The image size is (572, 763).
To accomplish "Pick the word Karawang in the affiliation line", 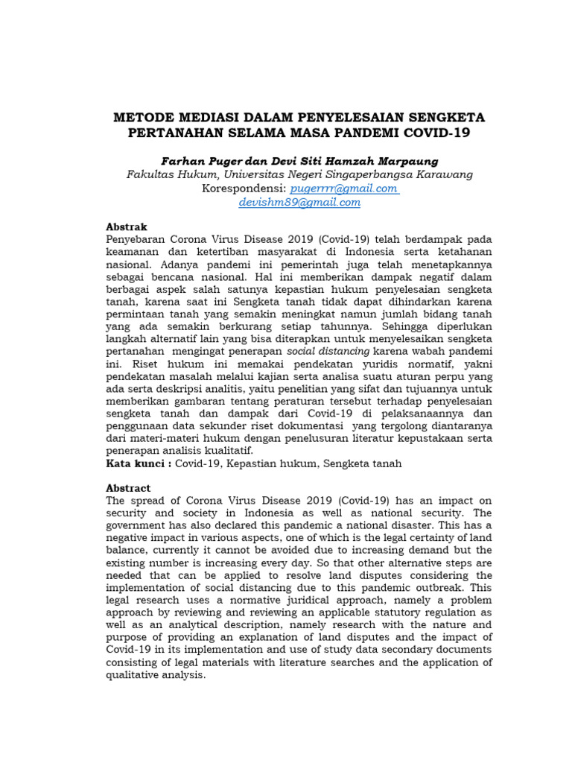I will pyautogui.click(x=444, y=174).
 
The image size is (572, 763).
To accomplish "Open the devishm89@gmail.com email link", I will pyautogui.click(x=299, y=203).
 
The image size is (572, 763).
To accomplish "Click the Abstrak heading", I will pyautogui.click(x=127, y=227).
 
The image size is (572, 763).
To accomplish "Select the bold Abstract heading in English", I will pyautogui.click(x=128, y=488).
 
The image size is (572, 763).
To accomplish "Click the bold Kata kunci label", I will pyautogui.click(x=136, y=463).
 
